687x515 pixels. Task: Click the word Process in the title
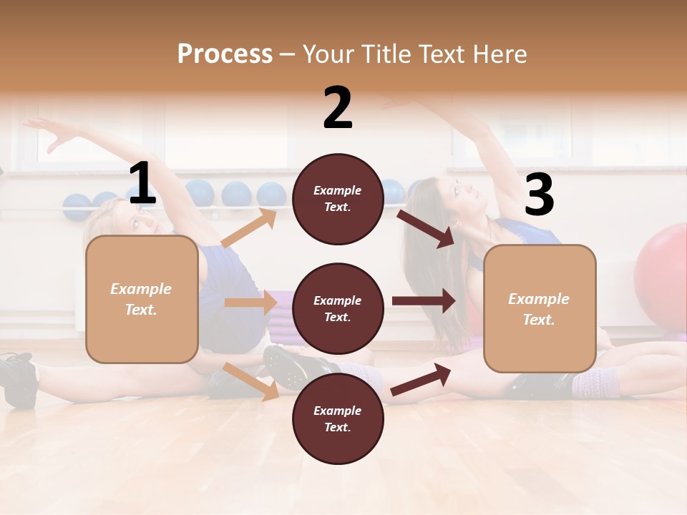click(x=225, y=54)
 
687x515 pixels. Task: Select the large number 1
click(x=142, y=184)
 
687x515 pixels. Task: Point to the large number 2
click(x=338, y=108)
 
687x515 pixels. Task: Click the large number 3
click(x=539, y=195)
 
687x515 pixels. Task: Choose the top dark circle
click(x=338, y=199)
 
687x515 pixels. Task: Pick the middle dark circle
click(x=338, y=309)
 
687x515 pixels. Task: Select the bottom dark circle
click(x=338, y=418)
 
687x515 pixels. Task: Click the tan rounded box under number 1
click(x=142, y=299)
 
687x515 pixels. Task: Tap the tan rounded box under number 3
click(x=540, y=309)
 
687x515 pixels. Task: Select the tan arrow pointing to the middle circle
click(x=250, y=302)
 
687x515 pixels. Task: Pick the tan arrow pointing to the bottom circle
click(x=251, y=381)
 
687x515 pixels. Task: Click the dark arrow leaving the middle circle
click(x=424, y=300)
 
